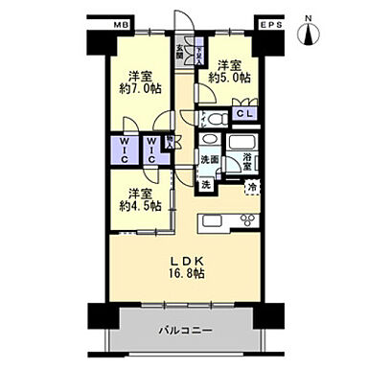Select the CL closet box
(244, 114)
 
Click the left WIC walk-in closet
(124, 151)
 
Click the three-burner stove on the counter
(243, 221)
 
